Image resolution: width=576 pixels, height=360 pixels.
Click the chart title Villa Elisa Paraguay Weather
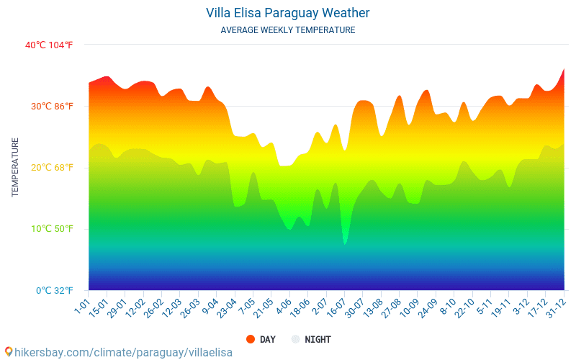(x=287, y=13)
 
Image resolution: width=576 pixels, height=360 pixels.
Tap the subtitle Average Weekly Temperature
(x=287, y=30)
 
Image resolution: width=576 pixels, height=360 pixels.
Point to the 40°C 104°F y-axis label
(x=49, y=45)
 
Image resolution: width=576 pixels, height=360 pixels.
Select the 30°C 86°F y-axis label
(x=52, y=107)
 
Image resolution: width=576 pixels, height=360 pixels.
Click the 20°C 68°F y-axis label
(x=52, y=168)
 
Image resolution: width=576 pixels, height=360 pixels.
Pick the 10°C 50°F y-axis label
(x=52, y=229)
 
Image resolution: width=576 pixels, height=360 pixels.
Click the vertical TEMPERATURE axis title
(x=15, y=167)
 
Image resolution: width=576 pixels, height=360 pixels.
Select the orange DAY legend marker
(x=251, y=339)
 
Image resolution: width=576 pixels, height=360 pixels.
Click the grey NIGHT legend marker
(x=295, y=339)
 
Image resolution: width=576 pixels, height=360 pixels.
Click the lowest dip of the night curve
(x=345, y=243)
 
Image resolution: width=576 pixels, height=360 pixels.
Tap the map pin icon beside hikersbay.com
(x=8, y=351)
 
